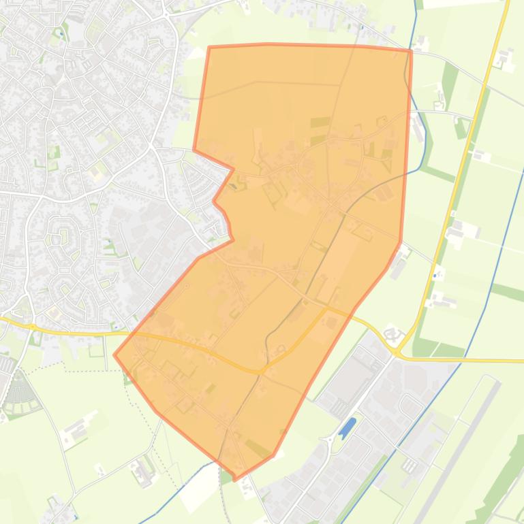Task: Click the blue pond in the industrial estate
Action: click(x=347, y=427)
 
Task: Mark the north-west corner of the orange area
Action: click(x=209, y=48)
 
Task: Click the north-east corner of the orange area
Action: click(x=411, y=50)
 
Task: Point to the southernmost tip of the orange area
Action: click(x=236, y=479)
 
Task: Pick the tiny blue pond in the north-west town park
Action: click(x=61, y=32)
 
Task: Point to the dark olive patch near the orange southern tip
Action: click(x=259, y=448)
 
